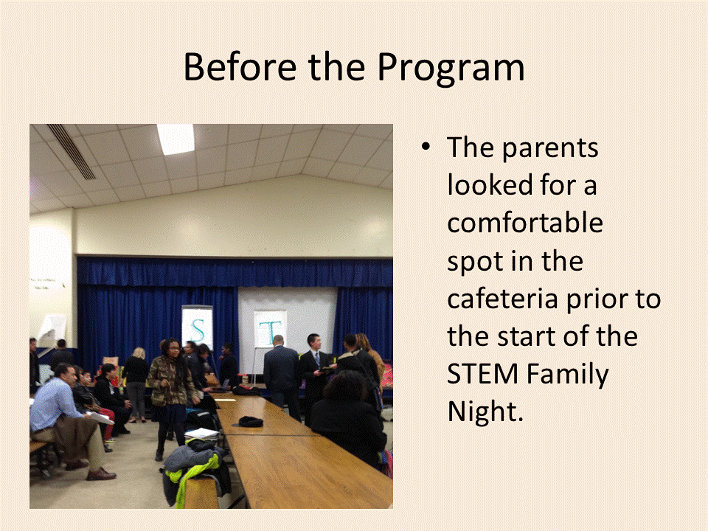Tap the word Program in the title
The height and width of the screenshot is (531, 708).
[451, 69]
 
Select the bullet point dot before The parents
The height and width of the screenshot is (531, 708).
[426, 147]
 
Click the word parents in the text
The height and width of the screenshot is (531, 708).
[550, 149]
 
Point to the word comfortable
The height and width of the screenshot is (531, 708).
[524, 222]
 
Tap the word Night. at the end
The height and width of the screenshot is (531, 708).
[485, 411]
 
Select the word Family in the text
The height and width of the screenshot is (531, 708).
[568, 375]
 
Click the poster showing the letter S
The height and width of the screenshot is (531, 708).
[198, 328]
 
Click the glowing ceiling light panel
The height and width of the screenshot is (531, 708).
[176, 139]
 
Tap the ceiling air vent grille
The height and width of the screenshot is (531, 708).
[72, 151]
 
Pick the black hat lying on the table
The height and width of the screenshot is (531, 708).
[251, 422]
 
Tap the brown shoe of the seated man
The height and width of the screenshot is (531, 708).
[101, 474]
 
